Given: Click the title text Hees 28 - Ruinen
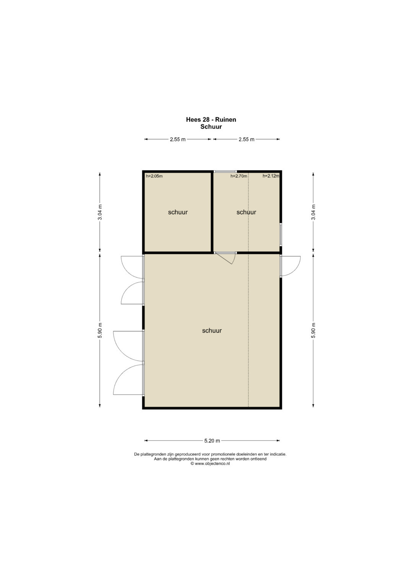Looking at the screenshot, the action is pyautogui.click(x=211, y=120).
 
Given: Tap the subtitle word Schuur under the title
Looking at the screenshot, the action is pyautogui.click(x=211, y=127).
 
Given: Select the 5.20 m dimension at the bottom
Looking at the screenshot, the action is pyautogui.click(x=212, y=441).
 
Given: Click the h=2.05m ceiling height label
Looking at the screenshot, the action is pyautogui.click(x=154, y=176).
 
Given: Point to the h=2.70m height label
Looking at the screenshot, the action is pyautogui.click(x=239, y=176).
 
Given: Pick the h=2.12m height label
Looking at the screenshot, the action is pyautogui.click(x=271, y=176).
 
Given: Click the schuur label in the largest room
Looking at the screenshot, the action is pyautogui.click(x=212, y=331).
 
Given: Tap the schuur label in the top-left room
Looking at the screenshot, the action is pyautogui.click(x=178, y=212).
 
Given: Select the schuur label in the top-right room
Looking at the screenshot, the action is pyautogui.click(x=246, y=212).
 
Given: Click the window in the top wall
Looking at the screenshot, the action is pyautogui.click(x=225, y=171).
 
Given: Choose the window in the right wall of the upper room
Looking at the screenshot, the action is pyautogui.click(x=281, y=234).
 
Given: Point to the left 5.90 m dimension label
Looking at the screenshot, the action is pyautogui.click(x=100, y=331).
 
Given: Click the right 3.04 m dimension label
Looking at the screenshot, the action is pyautogui.click(x=314, y=212).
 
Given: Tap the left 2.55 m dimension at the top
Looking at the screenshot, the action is pyautogui.click(x=177, y=139).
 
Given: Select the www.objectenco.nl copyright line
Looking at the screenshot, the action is pyautogui.click(x=210, y=463).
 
